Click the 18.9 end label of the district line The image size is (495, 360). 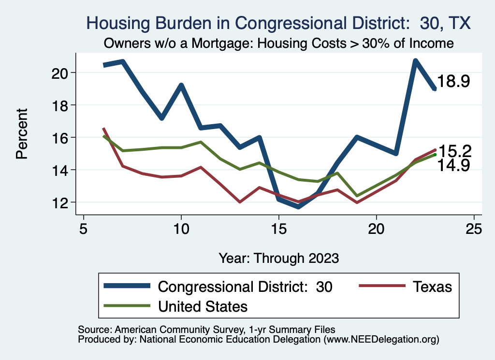tap(454, 82)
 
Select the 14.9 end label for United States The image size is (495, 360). tap(454, 166)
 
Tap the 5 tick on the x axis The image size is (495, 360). tap(84, 229)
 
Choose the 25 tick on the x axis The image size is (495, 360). tap(474, 229)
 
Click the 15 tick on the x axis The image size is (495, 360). tap(278, 229)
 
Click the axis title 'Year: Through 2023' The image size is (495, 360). tap(278, 258)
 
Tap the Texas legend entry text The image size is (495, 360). tap(432, 287)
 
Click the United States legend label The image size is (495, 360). tap(203, 306)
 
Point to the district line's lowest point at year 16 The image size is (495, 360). tap(298, 207)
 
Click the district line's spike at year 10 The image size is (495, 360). tap(181, 86)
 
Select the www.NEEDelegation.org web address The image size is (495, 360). tap(381, 340)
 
